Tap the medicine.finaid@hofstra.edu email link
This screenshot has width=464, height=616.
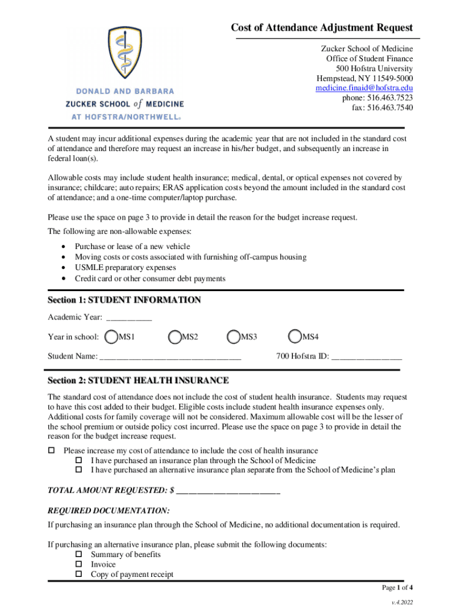point(364,88)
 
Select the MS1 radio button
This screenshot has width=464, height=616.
point(111,337)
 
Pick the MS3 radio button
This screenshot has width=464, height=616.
point(234,337)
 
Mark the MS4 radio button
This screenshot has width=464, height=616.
point(295,337)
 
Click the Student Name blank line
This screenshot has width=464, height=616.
point(171,357)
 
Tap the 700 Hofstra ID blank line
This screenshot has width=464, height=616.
point(366,357)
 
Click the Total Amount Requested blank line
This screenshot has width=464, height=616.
point(228,491)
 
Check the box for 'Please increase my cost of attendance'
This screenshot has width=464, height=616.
point(51,451)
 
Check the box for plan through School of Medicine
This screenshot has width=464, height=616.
point(78,460)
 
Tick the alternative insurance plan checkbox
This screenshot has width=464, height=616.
point(78,470)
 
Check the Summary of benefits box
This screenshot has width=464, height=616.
point(78,555)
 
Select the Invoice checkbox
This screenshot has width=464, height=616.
point(78,564)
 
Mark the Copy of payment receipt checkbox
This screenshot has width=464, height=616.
point(78,574)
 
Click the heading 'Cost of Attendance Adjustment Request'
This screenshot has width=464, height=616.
point(322,28)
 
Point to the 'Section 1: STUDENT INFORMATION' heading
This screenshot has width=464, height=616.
point(124,300)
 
